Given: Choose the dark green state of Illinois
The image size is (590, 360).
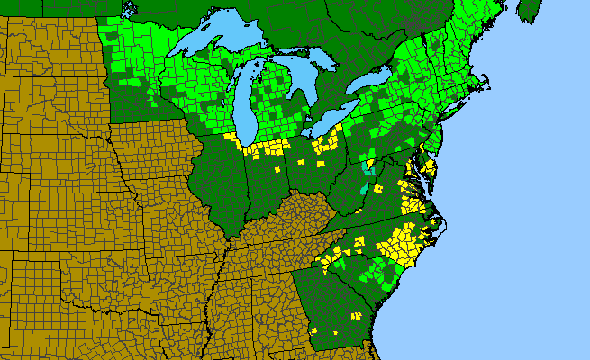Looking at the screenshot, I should click(221, 180).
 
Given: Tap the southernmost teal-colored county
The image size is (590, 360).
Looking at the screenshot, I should click(363, 189).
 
